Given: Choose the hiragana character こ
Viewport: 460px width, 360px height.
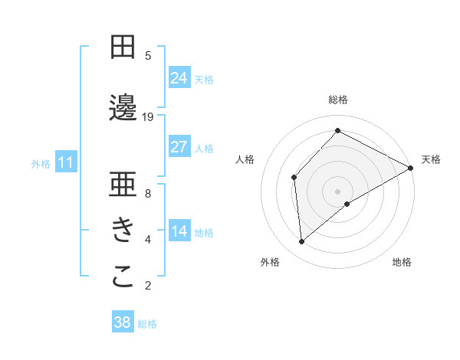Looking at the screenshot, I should pyautogui.click(x=123, y=277).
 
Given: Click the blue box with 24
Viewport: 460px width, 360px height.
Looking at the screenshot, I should pyautogui.click(x=179, y=77).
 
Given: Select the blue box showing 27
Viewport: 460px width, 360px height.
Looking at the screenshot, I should pyautogui.click(x=179, y=147).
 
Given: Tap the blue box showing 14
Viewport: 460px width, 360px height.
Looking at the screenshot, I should pyautogui.click(x=179, y=232).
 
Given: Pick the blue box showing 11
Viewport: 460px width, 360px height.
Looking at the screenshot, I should pyautogui.click(x=66, y=162).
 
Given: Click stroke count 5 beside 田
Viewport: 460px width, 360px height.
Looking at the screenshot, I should pyautogui.click(x=148, y=55).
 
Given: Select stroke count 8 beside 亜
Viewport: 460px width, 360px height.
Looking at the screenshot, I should pyautogui.click(x=148, y=193).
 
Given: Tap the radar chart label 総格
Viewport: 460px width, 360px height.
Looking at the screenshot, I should pyautogui.click(x=338, y=100).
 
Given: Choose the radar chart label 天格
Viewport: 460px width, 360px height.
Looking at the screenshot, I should pyautogui.click(x=431, y=159).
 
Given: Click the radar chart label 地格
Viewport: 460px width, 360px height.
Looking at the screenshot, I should pyautogui.click(x=402, y=263).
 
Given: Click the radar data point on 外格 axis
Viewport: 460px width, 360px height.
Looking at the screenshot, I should pyautogui.click(x=302, y=242).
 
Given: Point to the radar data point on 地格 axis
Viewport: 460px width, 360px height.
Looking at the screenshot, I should pyautogui.click(x=347, y=204).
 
